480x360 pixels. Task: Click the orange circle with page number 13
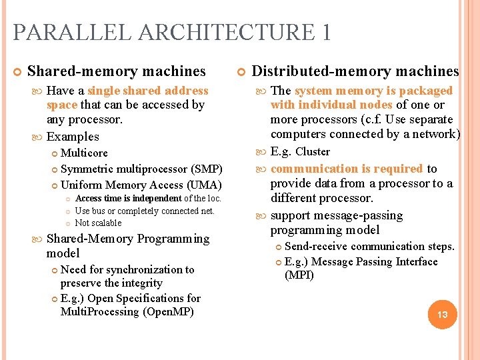click(x=442, y=313)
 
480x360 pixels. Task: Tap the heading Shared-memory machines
click(x=116, y=71)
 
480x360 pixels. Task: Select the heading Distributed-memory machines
click(x=355, y=71)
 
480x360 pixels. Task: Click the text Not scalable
click(x=98, y=223)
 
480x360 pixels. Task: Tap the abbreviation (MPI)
click(x=299, y=275)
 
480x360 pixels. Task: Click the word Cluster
click(x=313, y=152)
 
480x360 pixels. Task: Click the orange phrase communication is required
click(x=347, y=169)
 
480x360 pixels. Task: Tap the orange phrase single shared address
click(x=148, y=91)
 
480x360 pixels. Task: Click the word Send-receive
click(x=316, y=247)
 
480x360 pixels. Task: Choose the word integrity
click(x=140, y=283)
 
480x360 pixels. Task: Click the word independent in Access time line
click(x=156, y=198)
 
